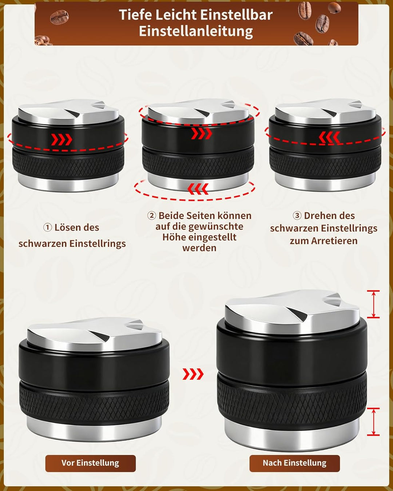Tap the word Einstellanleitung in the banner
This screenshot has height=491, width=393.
196,31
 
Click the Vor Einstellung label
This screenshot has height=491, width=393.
91,463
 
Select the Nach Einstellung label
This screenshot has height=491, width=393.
295,463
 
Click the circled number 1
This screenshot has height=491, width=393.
48,227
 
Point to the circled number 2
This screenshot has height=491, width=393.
152,215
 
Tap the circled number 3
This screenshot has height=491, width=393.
297,215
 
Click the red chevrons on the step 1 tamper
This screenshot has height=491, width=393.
61,140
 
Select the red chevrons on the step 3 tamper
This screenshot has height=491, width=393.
329,137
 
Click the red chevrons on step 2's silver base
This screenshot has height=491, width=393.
198,189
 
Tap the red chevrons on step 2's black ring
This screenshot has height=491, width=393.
202,133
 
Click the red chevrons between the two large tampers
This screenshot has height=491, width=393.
193,374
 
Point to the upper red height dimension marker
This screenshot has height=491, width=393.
373,304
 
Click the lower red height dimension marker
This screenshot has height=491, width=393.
373,422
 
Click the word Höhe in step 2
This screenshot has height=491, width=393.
174,237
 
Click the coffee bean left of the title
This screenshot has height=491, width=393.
59,17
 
